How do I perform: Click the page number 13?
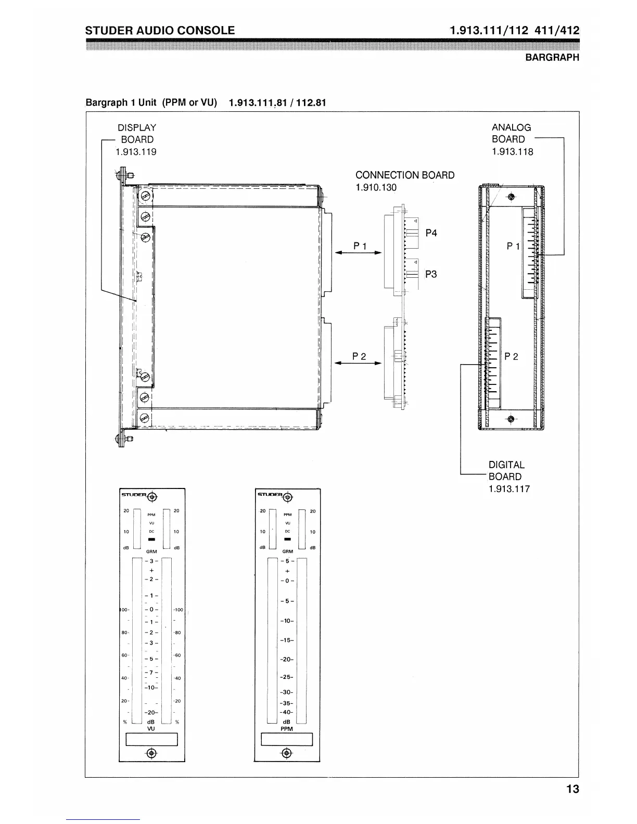tap(572, 789)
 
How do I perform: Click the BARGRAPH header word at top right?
tap(552, 58)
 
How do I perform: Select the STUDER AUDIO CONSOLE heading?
tap(160, 30)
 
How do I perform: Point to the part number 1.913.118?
tap(512, 151)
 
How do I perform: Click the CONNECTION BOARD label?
tap(404, 175)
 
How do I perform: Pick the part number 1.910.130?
tap(376, 187)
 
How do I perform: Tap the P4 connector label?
tap(431, 233)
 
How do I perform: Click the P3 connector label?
tap(431, 274)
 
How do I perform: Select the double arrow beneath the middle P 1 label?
tap(358, 253)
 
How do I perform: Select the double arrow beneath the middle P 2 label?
tap(358, 363)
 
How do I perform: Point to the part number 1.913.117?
tap(509, 488)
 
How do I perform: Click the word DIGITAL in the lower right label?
tap(506, 465)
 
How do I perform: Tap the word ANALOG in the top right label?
tap(511, 127)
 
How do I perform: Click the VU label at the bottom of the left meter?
tap(151, 729)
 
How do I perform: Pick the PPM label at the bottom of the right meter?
tap(286, 729)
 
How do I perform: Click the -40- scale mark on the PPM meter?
tap(286, 712)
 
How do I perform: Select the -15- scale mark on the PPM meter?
tap(286, 640)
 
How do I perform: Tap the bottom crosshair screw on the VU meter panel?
tap(151, 753)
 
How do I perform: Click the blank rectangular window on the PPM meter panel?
tap(287, 739)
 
